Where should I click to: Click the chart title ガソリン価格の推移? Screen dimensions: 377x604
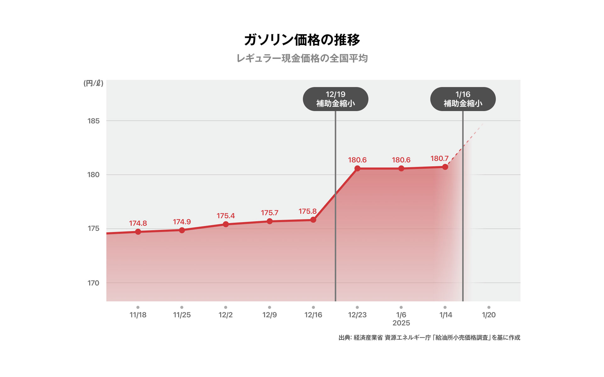click(302, 40)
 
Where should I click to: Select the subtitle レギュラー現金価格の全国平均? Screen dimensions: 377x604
click(302, 58)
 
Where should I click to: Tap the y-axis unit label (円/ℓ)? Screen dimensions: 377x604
click(93, 83)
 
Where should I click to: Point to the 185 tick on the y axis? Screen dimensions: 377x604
click(93, 121)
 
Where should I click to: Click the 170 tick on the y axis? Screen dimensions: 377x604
click(93, 283)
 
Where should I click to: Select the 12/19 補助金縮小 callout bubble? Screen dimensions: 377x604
click(335, 99)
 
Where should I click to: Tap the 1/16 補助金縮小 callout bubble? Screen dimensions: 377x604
click(463, 99)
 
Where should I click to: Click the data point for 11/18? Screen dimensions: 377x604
click(138, 232)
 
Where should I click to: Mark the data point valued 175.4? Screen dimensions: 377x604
click(226, 224)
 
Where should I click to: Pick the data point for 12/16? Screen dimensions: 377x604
click(313, 220)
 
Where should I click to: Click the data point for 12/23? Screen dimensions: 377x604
click(357, 169)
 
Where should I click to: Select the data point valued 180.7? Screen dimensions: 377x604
click(445, 167)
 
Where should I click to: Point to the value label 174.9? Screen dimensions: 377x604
click(182, 222)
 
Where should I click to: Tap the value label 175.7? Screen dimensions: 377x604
click(270, 213)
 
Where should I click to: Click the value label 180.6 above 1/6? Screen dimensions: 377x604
click(401, 160)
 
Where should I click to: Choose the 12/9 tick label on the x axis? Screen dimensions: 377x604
click(270, 315)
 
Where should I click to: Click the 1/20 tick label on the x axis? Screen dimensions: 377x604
click(489, 315)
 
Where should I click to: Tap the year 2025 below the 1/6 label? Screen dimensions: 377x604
click(401, 323)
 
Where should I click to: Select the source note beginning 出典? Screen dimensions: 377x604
click(429, 338)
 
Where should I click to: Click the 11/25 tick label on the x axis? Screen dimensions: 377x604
click(182, 315)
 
